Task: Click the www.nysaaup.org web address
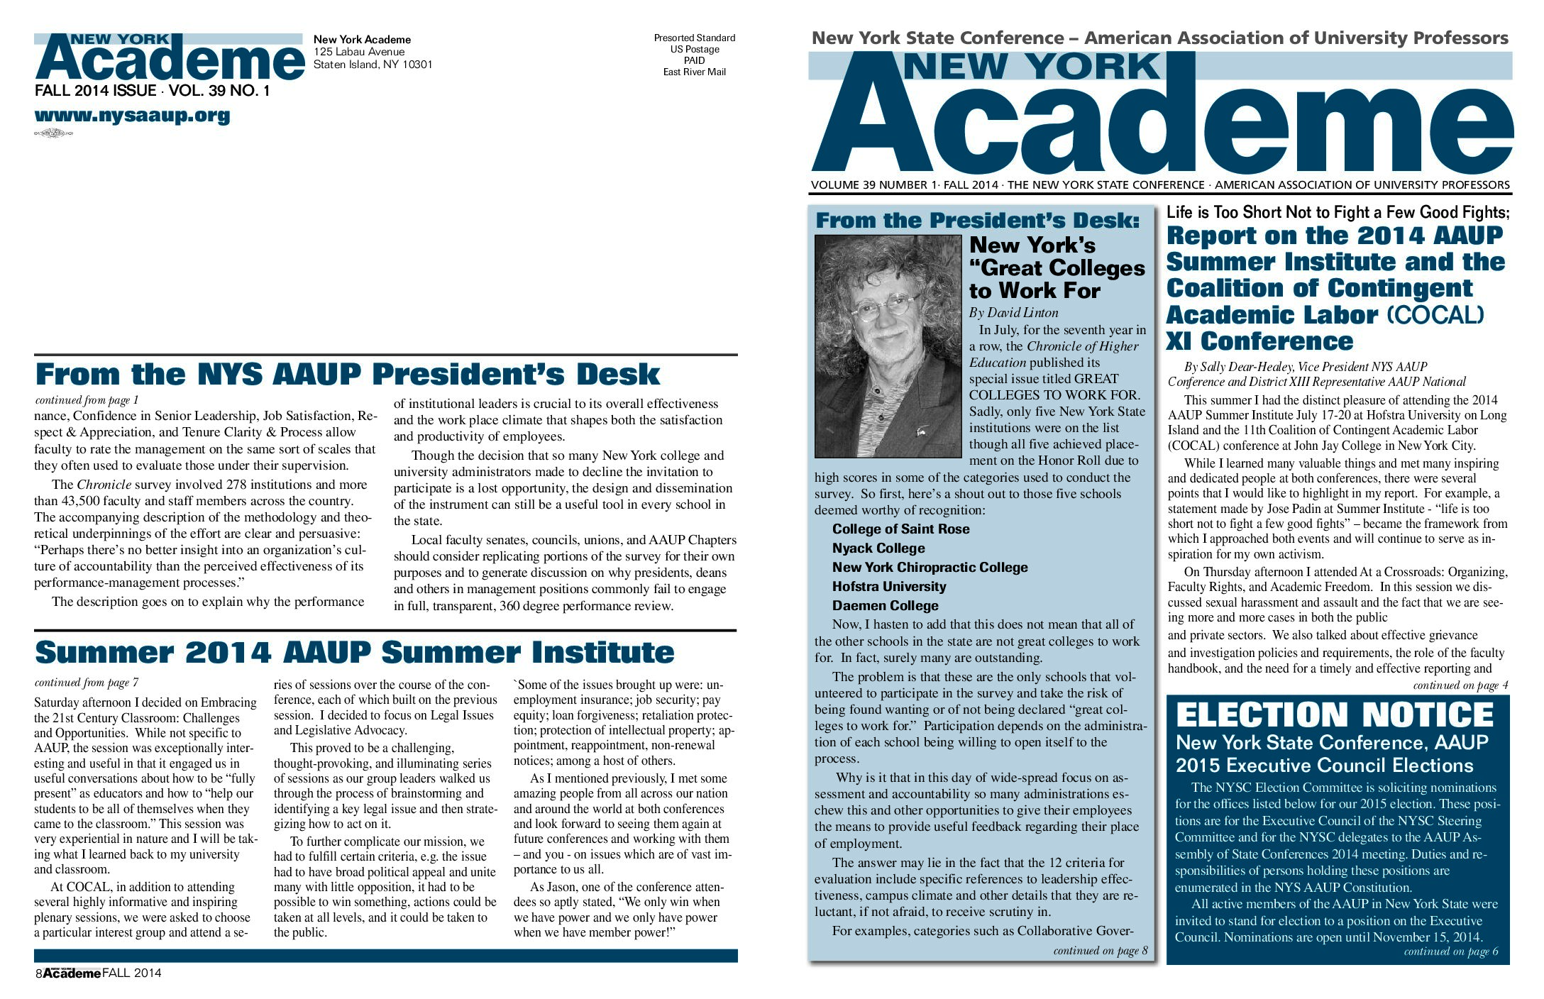[x=132, y=116]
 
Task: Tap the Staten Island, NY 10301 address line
[x=373, y=65]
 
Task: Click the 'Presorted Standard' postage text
[x=694, y=38]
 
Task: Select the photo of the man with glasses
[x=888, y=346]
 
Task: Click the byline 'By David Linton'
[x=1013, y=313]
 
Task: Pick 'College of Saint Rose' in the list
[x=900, y=529]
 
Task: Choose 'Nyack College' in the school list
[x=878, y=548]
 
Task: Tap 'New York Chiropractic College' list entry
[x=930, y=568]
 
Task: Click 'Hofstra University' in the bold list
[x=889, y=587]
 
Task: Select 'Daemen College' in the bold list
[x=885, y=606]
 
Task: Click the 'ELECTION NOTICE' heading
[x=1335, y=714]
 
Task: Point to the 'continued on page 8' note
[x=1100, y=951]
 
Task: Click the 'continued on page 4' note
[x=1460, y=685]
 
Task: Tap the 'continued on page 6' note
[x=1451, y=951]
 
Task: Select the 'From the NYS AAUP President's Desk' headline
[x=347, y=375]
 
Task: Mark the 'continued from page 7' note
[x=87, y=683]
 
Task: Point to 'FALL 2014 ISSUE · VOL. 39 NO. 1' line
[x=152, y=91]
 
